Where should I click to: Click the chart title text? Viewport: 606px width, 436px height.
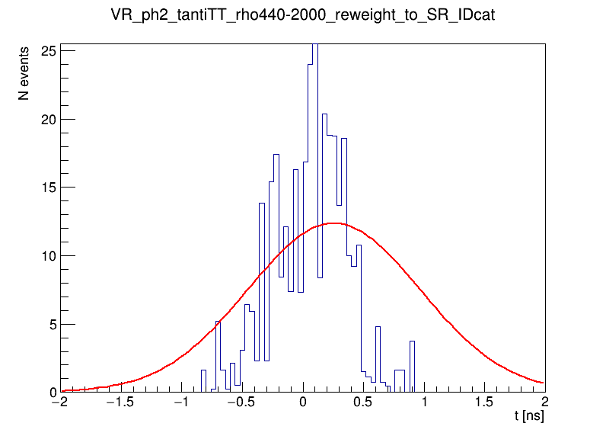[303, 16]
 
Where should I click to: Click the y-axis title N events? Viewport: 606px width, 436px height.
[24, 74]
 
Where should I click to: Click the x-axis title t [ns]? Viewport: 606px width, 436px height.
[528, 417]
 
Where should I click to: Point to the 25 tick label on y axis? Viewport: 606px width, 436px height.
[48, 51]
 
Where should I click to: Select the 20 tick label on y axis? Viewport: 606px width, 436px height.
[48, 120]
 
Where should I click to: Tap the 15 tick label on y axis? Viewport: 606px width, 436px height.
[48, 188]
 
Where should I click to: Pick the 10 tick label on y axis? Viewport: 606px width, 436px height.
[48, 256]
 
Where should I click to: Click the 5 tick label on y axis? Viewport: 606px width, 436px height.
[52, 325]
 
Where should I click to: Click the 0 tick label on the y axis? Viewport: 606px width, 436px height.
[52, 393]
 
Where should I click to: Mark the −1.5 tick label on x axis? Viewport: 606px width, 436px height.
[121, 403]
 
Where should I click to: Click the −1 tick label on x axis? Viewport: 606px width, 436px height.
[181, 403]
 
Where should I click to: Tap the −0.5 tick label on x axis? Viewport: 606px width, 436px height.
[241, 403]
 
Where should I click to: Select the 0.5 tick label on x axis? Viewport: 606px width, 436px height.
[364, 403]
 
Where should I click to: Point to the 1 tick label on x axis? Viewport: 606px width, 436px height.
[424, 403]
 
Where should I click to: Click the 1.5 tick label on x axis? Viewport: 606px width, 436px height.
[484, 403]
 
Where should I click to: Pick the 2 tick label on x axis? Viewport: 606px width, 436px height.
[544, 403]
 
